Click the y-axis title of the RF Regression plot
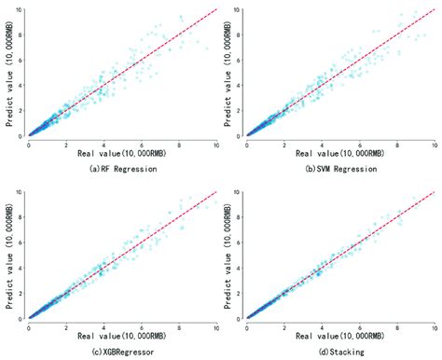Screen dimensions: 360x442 tap(8, 72)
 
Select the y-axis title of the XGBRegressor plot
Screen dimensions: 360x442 tap(8, 257)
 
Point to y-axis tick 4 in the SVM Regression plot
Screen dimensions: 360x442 tap(241, 84)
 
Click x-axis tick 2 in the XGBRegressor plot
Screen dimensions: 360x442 tap(66, 326)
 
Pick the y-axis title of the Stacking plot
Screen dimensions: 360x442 tap(228, 257)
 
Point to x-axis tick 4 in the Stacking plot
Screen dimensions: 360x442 tap(322, 326)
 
